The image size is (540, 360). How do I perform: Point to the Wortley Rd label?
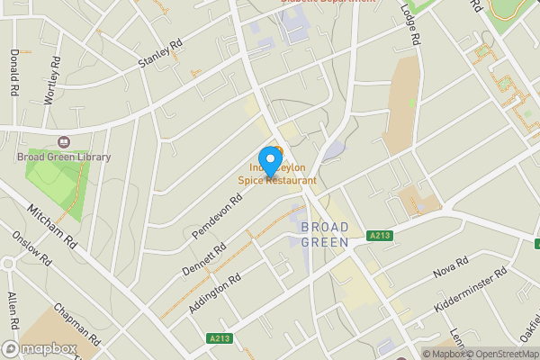55,80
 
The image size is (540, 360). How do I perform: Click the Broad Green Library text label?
64,157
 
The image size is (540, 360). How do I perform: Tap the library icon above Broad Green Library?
64,142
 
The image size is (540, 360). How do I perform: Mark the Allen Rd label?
13,310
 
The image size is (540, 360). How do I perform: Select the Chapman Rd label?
76,322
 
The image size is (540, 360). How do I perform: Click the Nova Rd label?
451,265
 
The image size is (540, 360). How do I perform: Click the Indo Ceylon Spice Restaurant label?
278,174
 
